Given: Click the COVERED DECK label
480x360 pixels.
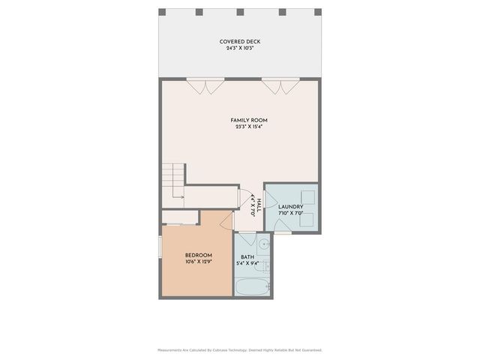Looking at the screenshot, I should coord(240,41).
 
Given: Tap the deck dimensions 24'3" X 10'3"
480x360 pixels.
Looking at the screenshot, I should coord(240,48).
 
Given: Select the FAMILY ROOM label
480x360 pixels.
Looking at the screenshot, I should coord(249,120).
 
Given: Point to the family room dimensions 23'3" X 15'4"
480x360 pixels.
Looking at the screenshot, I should coord(249,127).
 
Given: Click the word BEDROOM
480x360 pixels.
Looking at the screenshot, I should coord(199,255).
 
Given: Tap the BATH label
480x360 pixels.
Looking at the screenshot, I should coord(247,257).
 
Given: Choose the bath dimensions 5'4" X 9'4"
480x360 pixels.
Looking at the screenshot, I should coord(247,264).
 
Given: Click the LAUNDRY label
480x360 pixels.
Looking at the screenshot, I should coord(290,207).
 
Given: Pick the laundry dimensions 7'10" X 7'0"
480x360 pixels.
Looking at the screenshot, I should coord(290,214).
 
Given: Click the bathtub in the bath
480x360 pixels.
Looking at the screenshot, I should coord(252,287).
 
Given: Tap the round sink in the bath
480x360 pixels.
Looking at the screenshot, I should coord(265,243).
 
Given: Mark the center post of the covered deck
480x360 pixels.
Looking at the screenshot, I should coord(240,12).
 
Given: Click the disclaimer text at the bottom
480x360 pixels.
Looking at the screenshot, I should coord(240,349).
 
